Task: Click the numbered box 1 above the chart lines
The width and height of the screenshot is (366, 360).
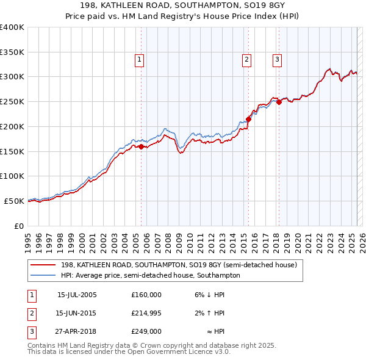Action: coord(140,60)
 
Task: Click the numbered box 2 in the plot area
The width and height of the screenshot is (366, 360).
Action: coord(246,60)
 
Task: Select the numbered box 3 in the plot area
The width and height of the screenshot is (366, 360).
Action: coord(277,60)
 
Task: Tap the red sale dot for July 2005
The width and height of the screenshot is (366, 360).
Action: coord(141,146)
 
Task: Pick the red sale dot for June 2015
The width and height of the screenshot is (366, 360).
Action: coord(248,119)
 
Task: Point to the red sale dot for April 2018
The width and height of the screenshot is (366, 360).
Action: coord(279,103)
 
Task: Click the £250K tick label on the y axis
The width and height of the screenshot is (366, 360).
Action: coord(12,102)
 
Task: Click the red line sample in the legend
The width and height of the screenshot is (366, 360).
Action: coord(43,265)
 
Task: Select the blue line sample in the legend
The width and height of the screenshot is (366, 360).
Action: coord(43,275)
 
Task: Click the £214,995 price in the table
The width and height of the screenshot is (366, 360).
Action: coord(146,313)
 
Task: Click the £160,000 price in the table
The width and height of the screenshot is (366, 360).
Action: coord(146,294)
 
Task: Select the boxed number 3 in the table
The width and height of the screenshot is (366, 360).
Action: coord(30,332)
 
